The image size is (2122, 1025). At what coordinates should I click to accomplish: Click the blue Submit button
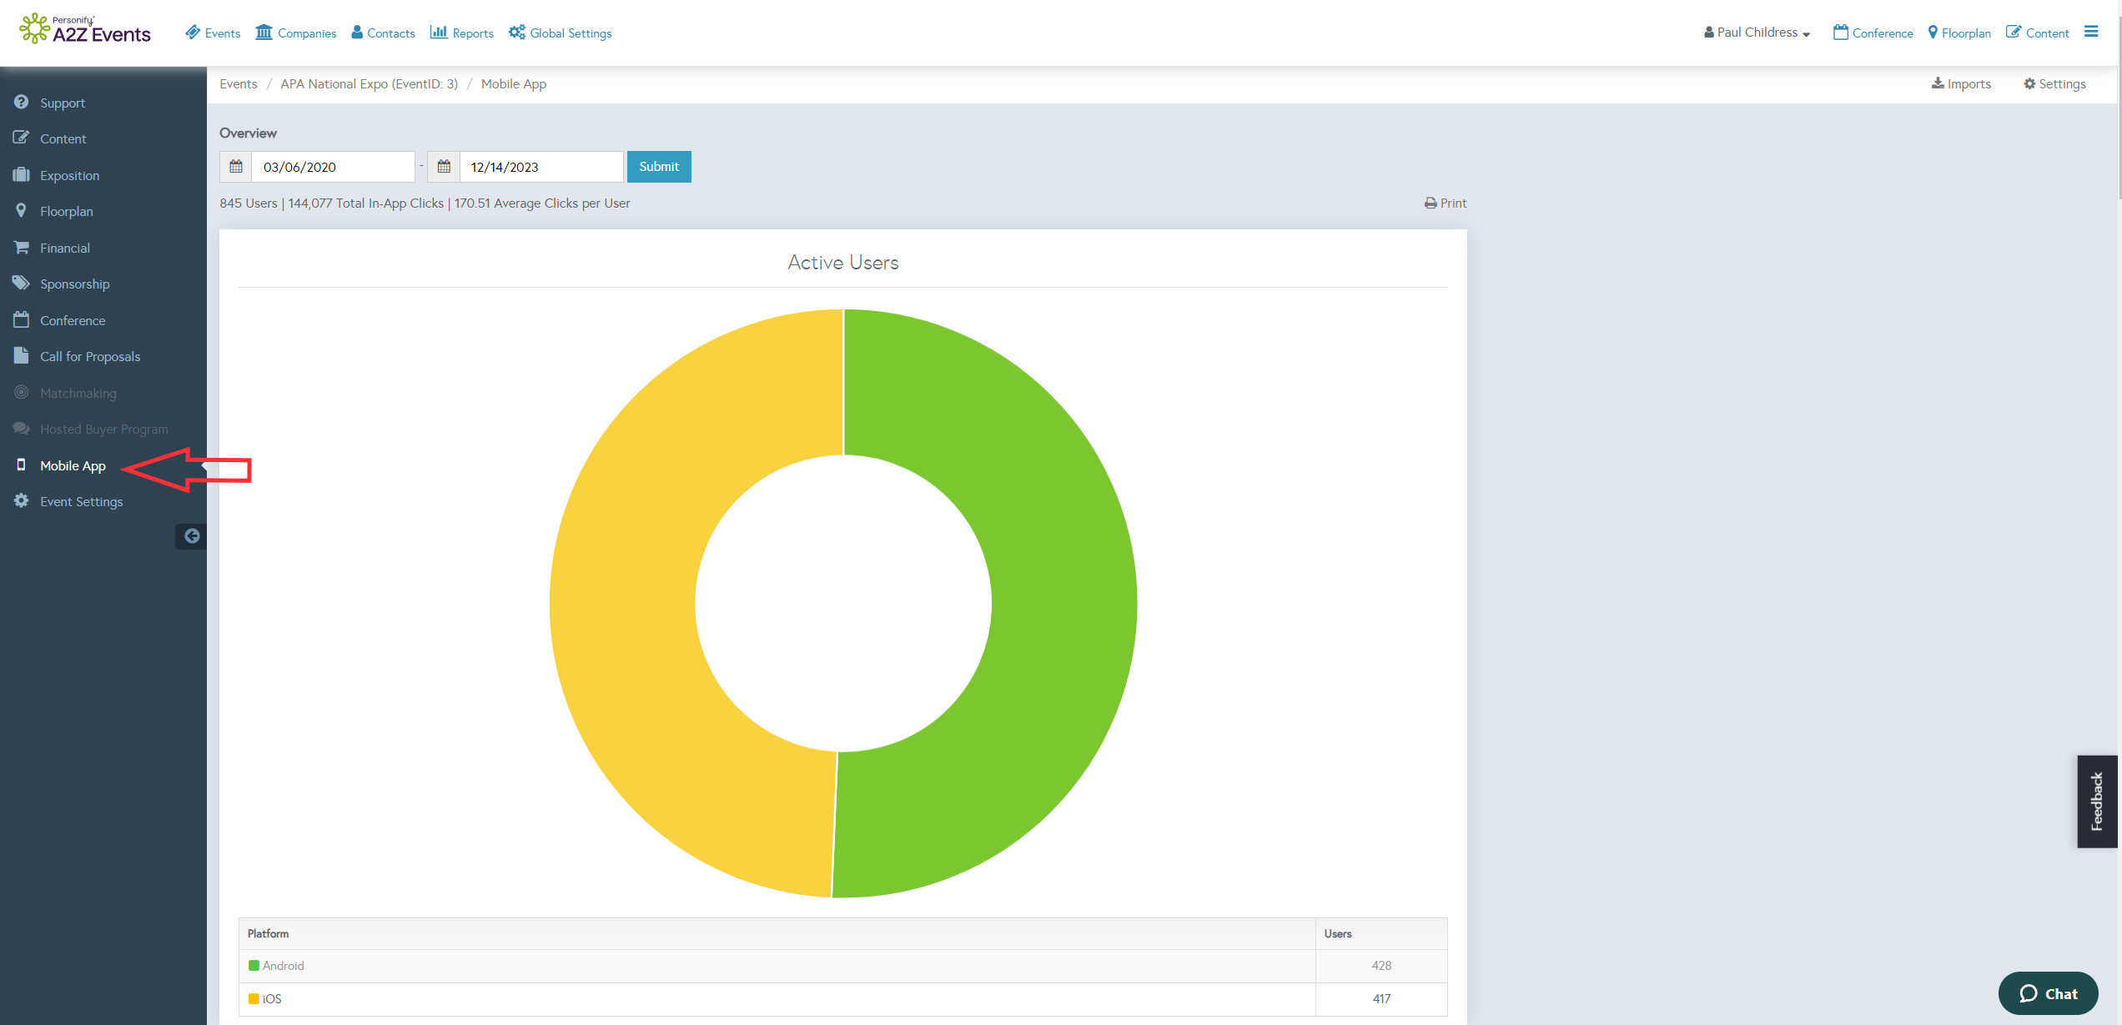point(659,167)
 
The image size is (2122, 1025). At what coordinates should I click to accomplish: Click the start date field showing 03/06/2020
point(333,167)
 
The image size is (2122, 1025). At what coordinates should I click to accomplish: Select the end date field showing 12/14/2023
point(541,167)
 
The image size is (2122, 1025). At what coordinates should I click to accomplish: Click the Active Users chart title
point(843,263)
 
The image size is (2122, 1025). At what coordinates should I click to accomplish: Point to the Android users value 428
point(1381,966)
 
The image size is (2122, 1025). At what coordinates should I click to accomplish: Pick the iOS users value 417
point(1381,999)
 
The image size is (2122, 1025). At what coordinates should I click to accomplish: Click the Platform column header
point(268,934)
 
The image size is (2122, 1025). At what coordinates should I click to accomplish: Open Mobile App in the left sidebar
point(73,466)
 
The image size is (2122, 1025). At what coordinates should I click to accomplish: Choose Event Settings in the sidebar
point(81,502)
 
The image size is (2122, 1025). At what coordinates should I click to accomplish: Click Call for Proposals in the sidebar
point(90,357)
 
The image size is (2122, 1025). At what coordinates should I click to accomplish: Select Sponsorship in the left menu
point(74,284)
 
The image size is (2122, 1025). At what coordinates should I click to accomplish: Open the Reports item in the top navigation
point(462,33)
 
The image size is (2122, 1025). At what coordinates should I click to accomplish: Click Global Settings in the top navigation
point(561,33)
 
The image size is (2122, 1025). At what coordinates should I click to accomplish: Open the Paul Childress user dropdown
point(1757,33)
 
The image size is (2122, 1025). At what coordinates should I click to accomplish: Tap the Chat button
point(2048,993)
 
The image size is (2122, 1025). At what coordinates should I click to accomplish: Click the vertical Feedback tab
point(2097,801)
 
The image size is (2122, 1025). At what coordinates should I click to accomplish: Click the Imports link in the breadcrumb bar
point(1961,84)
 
